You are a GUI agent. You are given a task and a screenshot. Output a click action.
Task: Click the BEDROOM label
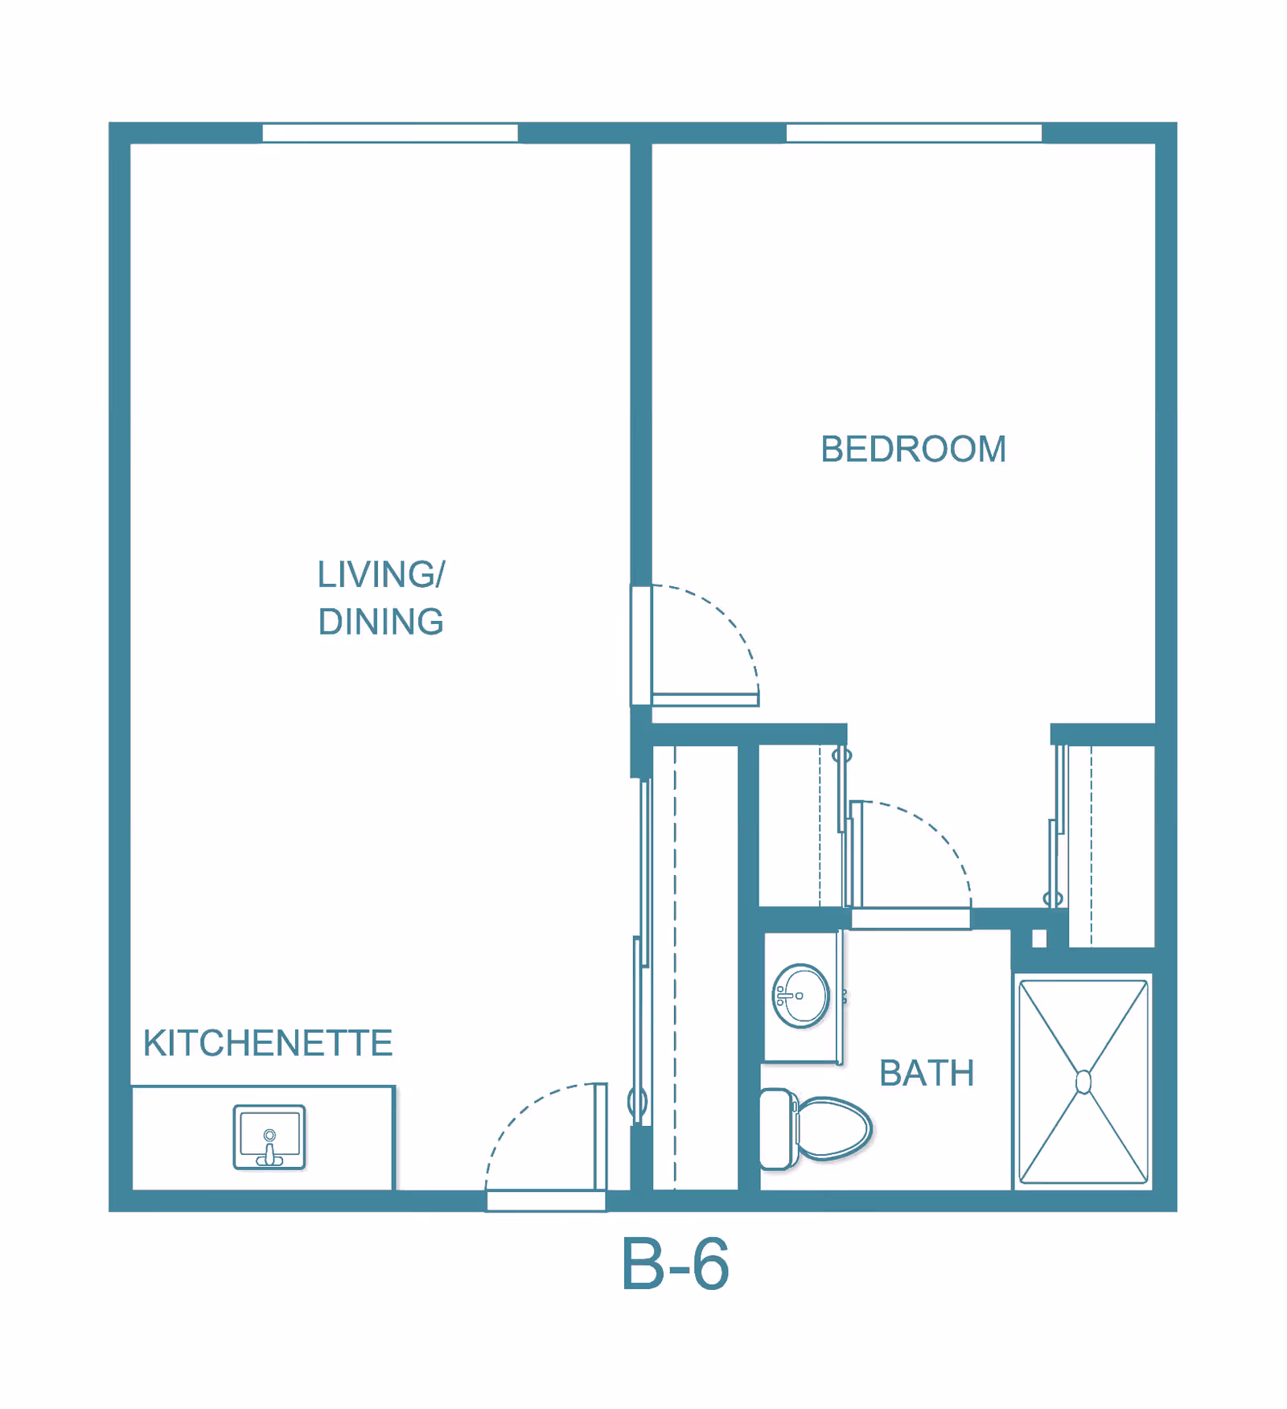click(x=913, y=449)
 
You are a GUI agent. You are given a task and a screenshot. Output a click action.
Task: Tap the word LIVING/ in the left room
click(x=381, y=574)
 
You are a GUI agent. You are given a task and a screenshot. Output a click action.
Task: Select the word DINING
click(x=380, y=622)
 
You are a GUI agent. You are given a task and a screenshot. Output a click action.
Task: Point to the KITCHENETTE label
click(x=268, y=1043)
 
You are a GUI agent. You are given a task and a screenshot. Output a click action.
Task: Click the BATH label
click(x=927, y=1073)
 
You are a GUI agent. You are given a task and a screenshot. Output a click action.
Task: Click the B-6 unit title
click(x=675, y=1264)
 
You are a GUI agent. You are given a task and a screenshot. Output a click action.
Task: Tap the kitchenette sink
click(x=269, y=1137)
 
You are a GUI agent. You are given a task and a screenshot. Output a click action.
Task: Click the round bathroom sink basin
click(x=800, y=996)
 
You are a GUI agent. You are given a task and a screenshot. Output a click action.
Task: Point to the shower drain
click(x=1083, y=1082)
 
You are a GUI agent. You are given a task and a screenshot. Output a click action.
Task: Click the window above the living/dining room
click(x=390, y=133)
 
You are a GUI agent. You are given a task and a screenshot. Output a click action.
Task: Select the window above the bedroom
click(x=914, y=133)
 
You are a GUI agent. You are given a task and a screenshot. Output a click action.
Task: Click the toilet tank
click(x=776, y=1129)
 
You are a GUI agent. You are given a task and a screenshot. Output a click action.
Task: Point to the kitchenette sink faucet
click(x=269, y=1148)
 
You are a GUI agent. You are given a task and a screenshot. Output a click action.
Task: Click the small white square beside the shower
click(x=1039, y=939)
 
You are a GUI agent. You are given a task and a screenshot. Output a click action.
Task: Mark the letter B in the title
click(x=643, y=1264)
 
